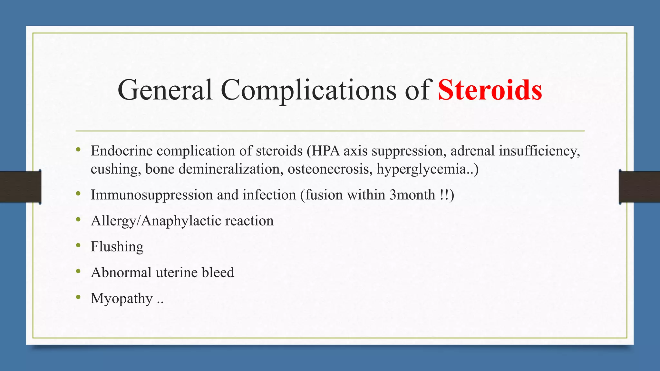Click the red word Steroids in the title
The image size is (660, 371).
[490, 90]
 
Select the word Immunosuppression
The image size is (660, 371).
[151, 195]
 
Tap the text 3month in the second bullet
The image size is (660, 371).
[412, 195]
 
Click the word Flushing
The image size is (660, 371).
[117, 247]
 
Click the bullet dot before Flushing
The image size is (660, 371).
[78, 246]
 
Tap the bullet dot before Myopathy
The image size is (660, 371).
[78, 297]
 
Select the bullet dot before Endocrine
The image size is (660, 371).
[78, 149]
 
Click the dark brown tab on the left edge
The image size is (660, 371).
[20, 187]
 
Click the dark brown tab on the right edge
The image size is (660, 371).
[639, 187]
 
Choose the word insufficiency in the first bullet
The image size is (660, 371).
[539, 151]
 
